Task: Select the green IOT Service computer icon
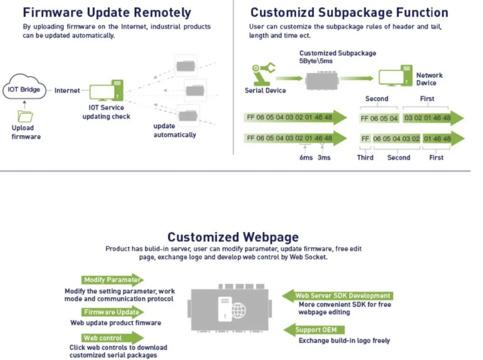pos(107,91)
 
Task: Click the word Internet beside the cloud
pos(67,90)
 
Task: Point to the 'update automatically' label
pos(174,130)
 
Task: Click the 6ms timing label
pos(306,157)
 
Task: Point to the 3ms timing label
pos(324,157)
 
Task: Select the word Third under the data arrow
pos(365,157)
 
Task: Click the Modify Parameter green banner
pos(112,280)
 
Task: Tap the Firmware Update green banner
pos(112,312)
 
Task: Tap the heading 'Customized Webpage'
pos(233,237)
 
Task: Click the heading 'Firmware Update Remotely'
pos(107,13)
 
